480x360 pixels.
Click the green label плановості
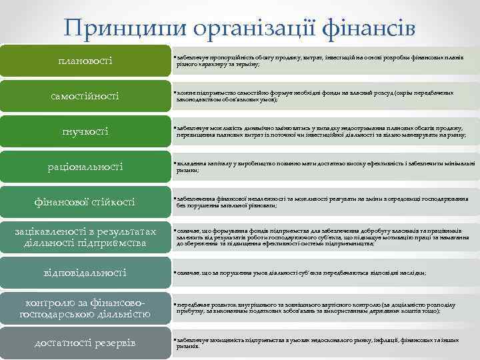tap(85, 61)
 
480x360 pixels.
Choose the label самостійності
tap(85, 97)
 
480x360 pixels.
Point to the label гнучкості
tap(85, 131)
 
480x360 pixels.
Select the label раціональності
tap(85, 166)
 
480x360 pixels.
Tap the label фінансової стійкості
tap(85, 201)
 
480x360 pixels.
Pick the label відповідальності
tap(85, 272)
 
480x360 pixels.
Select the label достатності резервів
tap(85, 343)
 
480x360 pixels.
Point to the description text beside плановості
tap(320, 61)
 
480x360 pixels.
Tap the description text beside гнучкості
tap(320, 131)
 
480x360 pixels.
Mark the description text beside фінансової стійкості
tap(320, 201)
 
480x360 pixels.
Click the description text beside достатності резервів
tap(320, 343)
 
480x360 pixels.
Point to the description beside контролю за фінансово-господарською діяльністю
tap(320, 307)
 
